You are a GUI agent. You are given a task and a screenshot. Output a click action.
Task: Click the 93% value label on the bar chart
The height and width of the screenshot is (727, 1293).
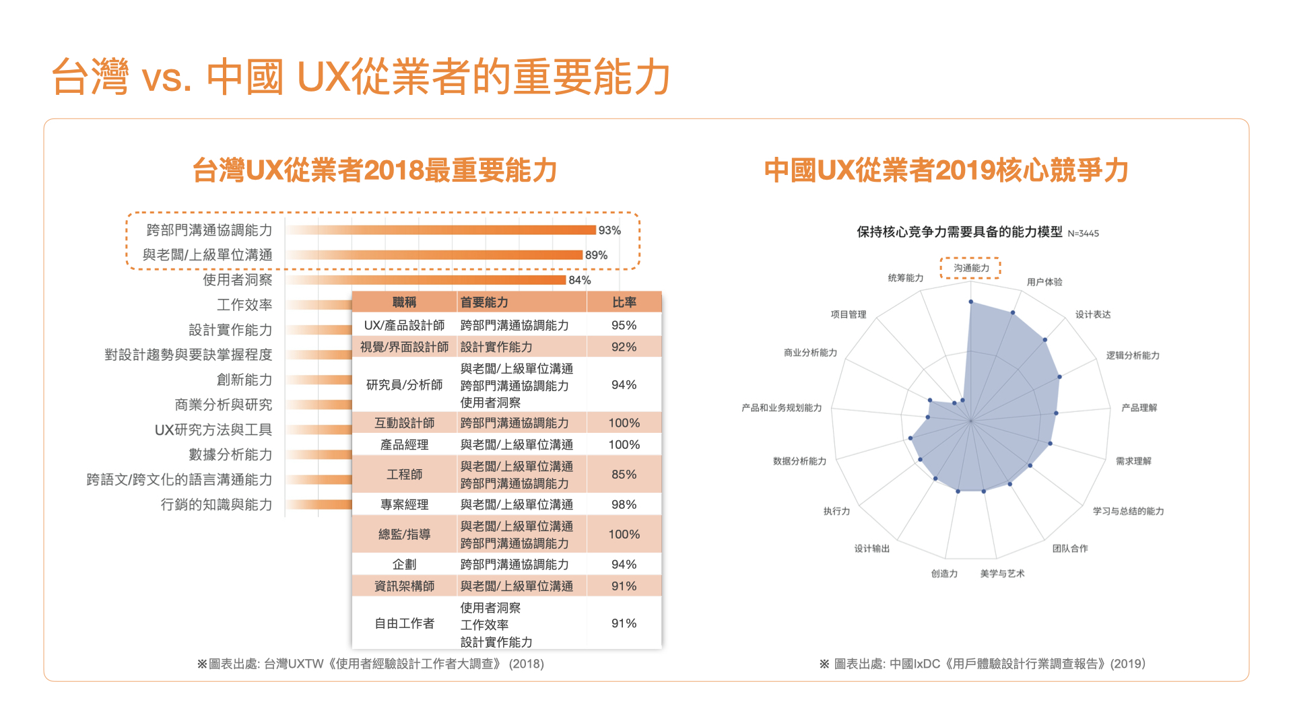[x=609, y=230]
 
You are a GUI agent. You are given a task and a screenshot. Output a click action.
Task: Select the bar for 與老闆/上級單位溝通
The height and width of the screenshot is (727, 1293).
[x=434, y=255]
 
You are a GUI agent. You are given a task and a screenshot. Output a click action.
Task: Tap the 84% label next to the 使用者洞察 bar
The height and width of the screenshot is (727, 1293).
[x=580, y=280]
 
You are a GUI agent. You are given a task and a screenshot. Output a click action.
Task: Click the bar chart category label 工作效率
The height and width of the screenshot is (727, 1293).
[x=244, y=305]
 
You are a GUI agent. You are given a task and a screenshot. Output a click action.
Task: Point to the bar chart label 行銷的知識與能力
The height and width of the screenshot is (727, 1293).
[x=216, y=504]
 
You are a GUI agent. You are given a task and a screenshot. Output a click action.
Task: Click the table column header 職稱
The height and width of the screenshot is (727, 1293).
[x=404, y=302]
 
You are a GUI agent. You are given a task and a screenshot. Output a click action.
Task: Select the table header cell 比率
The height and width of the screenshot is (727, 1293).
[x=624, y=302]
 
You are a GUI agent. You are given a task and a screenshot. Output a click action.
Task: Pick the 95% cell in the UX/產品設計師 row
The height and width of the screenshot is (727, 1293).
[x=624, y=325]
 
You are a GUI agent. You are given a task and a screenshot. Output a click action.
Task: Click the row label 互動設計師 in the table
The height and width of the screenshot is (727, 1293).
[x=404, y=423]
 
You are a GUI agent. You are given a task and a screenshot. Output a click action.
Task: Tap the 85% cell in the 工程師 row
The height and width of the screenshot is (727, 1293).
[x=624, y=475]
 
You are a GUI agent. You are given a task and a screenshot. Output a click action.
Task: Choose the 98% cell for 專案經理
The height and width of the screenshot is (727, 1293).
[x=624, y=504]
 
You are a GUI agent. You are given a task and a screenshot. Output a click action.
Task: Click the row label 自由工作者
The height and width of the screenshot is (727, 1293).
[x=404, y=623]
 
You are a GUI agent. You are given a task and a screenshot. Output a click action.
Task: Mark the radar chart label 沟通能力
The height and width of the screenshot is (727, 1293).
[x=971, y=268]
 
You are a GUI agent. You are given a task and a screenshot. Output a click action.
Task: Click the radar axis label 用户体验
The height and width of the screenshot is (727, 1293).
[x=1044, y=282]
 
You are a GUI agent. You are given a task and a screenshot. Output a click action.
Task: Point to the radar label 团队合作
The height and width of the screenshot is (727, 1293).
[x=1070, y=549]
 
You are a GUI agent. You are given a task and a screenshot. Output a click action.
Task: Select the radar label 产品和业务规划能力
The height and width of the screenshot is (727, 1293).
[x=781, y=408]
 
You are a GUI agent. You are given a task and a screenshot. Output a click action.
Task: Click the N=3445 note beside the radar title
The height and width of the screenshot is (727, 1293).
[x=1083, y=234]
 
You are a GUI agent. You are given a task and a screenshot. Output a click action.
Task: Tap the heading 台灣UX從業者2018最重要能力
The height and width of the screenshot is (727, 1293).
[x=374, y=170]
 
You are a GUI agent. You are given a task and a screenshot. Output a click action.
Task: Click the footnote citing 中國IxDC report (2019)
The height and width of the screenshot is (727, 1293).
[x=982, y=664]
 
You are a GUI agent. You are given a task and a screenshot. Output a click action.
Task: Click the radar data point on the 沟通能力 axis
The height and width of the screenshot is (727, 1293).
[x=971, y=302]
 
